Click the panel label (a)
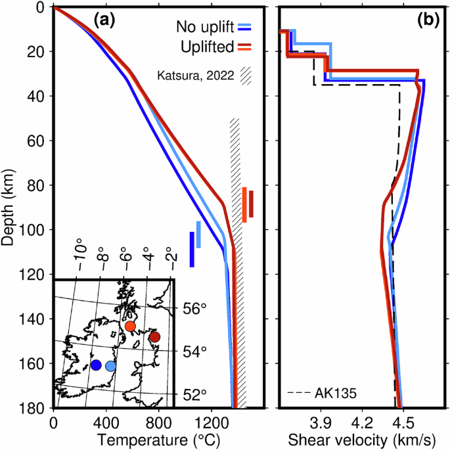[x=104, y=20]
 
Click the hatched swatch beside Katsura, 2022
[x=246, y=75]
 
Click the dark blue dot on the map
[x=96, y=365]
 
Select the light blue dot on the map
[x=110, y=366]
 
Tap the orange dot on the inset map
[x=130, y=326]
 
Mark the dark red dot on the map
[x=154, y=337]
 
